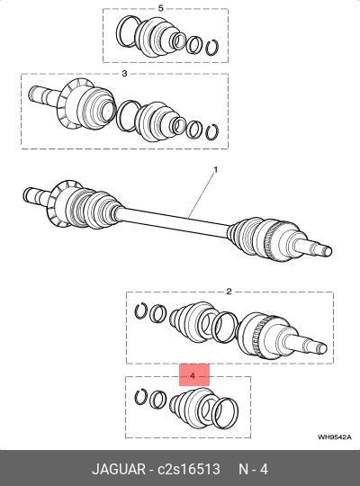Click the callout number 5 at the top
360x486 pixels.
(x=160, y=8)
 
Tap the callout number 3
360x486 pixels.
(x=124, y=74)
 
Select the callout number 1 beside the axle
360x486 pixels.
(x=215, y=170)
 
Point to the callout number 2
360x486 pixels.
(x=229, y=292)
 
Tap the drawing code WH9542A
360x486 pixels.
(x=334, y=437)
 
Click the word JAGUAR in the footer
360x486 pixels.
(x=119, y=469)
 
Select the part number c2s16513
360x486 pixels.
(x=189, y=469)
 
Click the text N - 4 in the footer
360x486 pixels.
(x=253, y=469)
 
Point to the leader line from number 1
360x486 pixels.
(x=202, y=194)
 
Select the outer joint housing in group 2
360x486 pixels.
(x=265, y=335)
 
